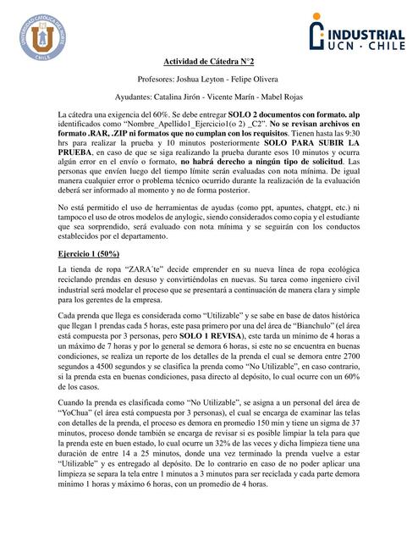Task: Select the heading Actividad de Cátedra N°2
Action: [208, 61]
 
